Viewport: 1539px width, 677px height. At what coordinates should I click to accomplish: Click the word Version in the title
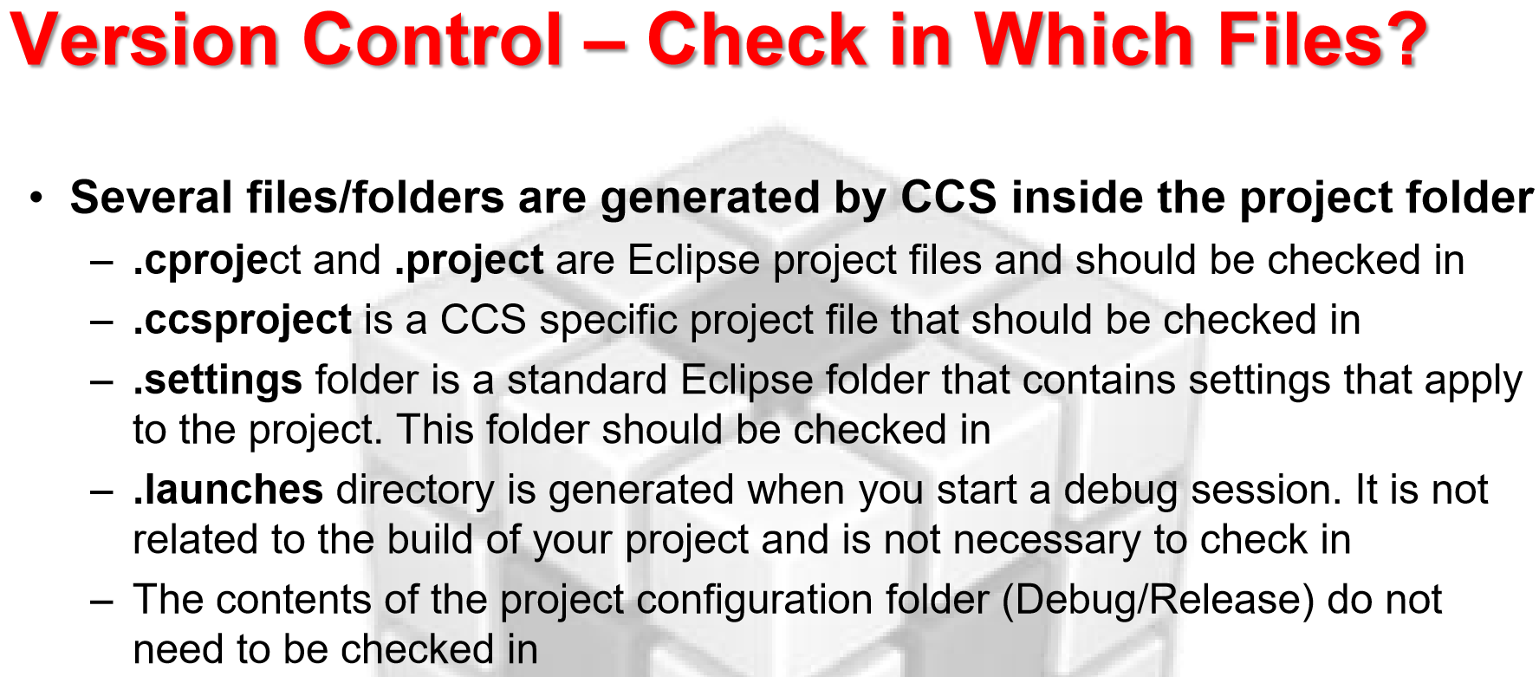[x=144, y=40]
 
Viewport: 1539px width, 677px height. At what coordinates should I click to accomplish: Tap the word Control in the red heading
[x=432, y=40]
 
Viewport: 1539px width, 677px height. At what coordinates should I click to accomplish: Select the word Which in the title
[x=1088, y=40]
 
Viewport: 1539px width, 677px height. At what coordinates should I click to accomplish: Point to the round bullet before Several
[x=36, y=198]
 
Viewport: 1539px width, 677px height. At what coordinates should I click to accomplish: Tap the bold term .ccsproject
[x=242, y=320]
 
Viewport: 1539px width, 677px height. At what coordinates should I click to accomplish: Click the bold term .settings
[x=218, y=380]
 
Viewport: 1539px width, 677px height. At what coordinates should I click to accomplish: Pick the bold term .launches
[x=228, y=490]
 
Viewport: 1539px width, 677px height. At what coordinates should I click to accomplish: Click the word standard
[x=588, y=380]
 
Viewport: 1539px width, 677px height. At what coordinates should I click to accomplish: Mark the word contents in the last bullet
[x=290, y=601]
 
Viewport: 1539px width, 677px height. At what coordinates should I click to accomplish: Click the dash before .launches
[x=101, y=491]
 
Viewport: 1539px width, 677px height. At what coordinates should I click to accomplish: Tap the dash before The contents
[x=101, y=602]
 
